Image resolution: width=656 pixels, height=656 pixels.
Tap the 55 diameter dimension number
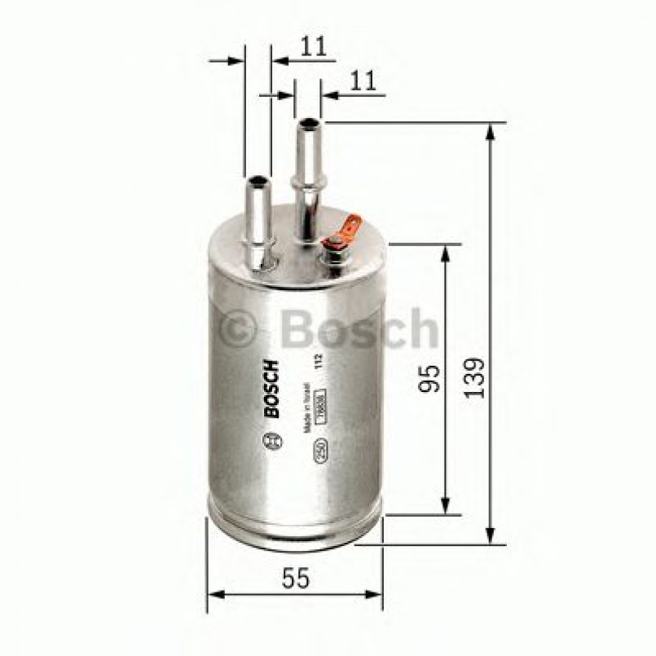pyautogui.click(x=295, y=578)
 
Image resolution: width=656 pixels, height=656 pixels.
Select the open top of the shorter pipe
pyautogui.click(x=258, y=181)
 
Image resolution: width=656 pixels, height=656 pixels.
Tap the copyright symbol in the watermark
pyautogui.click(x=238, y=329)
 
